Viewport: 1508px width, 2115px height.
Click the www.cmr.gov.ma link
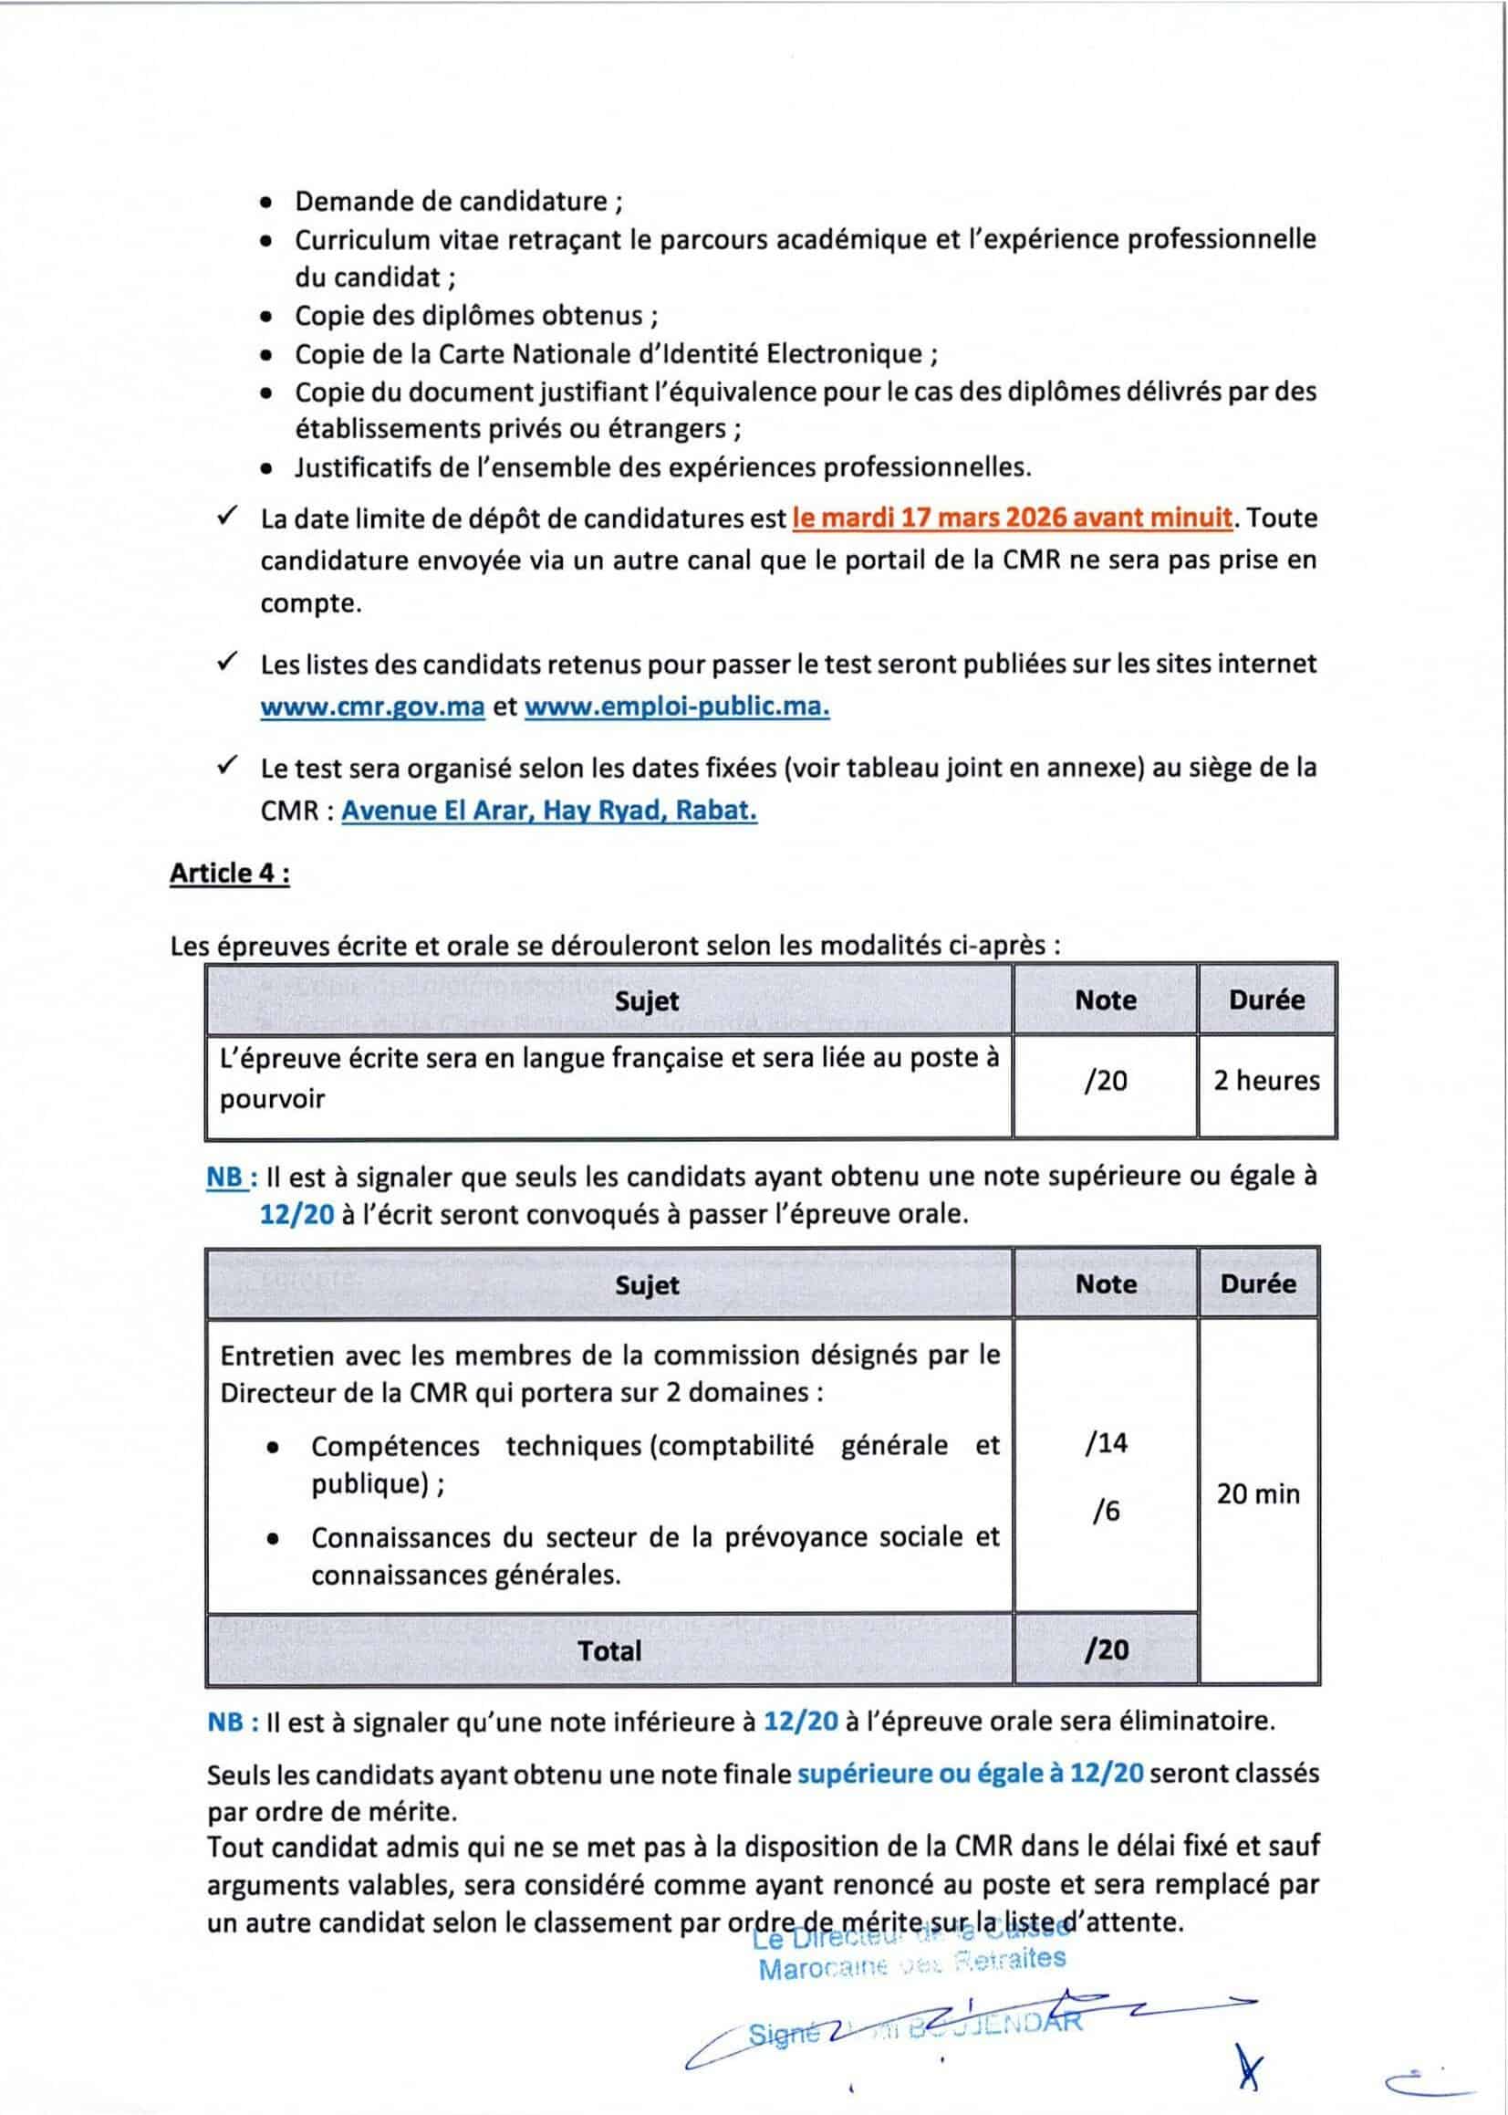point(372,707)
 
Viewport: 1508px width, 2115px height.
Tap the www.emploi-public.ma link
point(677,707)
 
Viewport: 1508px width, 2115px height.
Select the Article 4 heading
point(229,874)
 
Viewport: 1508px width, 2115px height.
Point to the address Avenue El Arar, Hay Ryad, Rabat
point(549,811)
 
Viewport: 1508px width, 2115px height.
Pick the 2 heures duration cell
point(1266,1080)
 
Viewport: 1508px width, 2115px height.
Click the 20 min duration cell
point(1258,1493)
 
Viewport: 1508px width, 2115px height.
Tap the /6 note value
point(1105,1512)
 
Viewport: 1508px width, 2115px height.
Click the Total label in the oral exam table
point(609,1650)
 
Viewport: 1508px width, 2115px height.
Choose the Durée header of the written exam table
point(1266,1000)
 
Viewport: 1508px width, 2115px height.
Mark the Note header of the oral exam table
point(1105,1283)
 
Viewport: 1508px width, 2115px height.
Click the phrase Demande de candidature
point(451,202)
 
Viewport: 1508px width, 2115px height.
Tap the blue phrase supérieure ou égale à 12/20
point(971,1774)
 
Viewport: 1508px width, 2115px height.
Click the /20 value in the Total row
point(1105,1649)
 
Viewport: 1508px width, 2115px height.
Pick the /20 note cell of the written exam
point(1105,1080)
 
